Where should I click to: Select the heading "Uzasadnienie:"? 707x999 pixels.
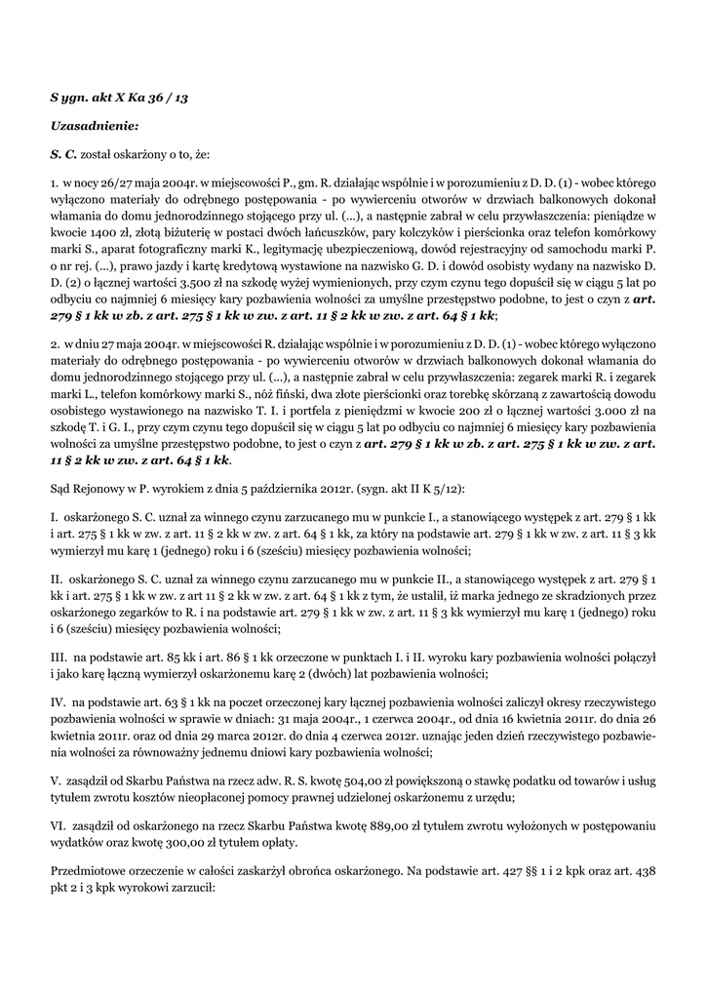95,126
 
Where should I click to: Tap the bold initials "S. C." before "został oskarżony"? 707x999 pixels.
65,154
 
